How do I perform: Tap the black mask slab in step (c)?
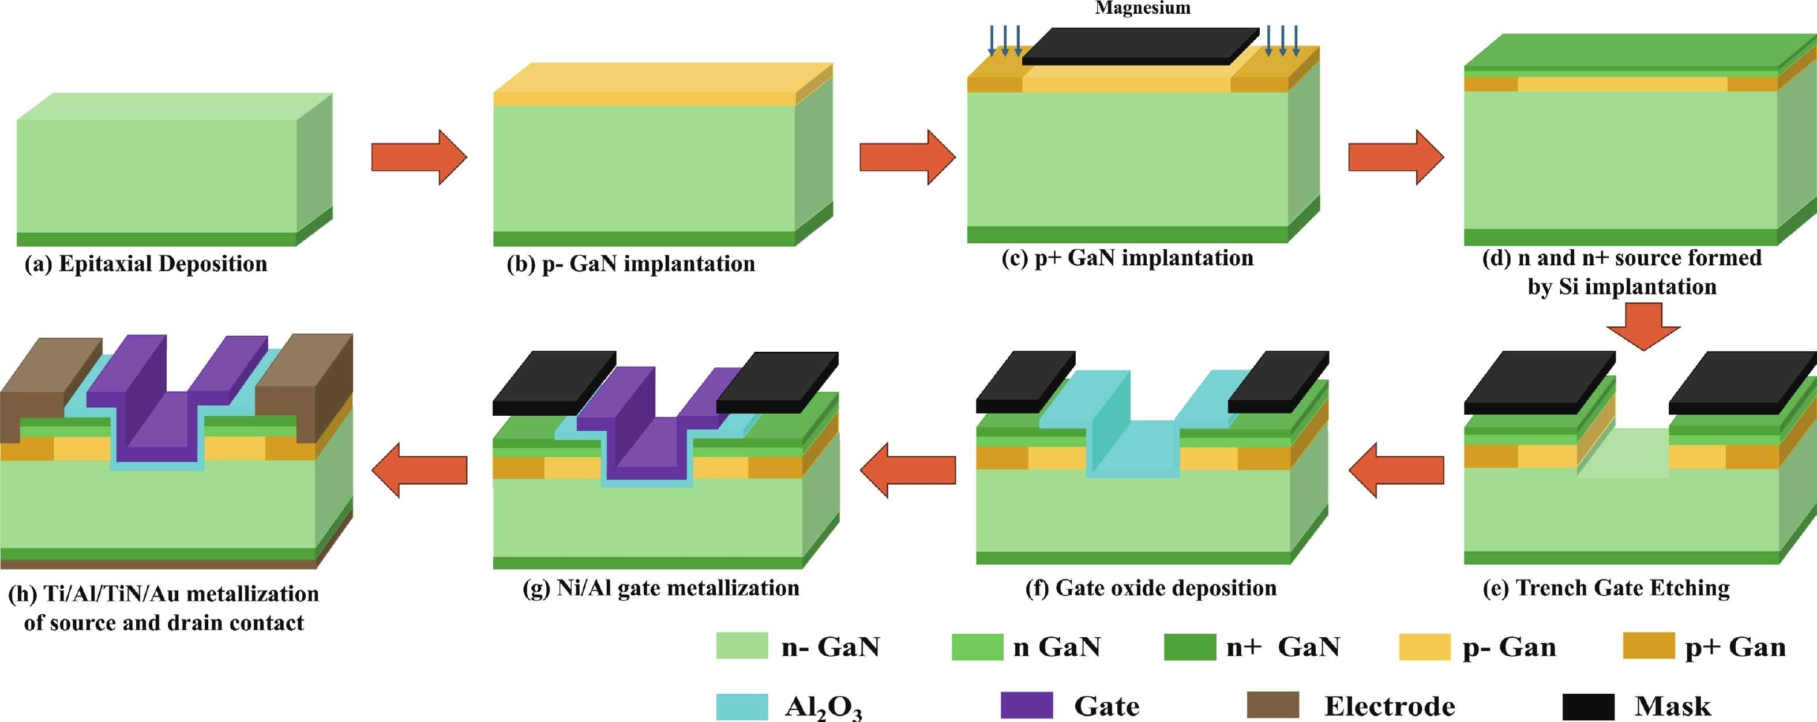point(1140,47)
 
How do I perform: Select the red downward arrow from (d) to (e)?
point(1643,326)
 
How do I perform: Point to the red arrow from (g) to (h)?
point(419,471)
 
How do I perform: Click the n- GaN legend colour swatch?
point(742,646)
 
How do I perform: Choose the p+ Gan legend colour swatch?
point(1649,646)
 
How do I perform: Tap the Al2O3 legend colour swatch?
point(742,706)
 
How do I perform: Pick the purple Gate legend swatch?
point(1026,705)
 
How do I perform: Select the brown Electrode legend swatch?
point(1273,705)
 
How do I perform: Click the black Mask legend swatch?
point(1589,706)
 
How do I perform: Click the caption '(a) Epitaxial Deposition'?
point(146,264)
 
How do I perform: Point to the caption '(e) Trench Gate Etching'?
point(1606,588)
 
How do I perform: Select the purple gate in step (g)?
point(649,423)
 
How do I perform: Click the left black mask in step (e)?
point(1539,382)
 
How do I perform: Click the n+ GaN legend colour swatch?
point(1190,646)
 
